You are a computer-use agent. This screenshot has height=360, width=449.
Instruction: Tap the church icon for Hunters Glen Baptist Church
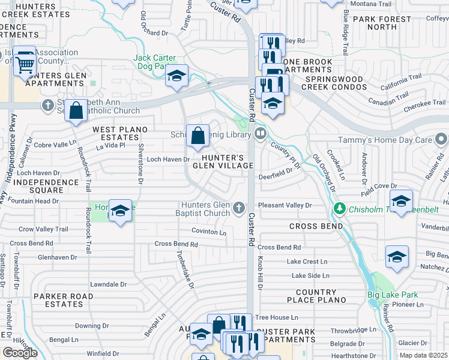click(239, 208)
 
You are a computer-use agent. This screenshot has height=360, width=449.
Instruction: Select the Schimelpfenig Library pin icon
click(261, 133)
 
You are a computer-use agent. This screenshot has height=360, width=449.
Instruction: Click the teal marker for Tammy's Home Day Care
click(442, 140)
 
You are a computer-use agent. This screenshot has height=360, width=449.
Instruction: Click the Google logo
click(20, 352)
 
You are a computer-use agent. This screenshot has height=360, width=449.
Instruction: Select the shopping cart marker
click(25, 62)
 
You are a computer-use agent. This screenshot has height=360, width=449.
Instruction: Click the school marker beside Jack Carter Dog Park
click(176, 76)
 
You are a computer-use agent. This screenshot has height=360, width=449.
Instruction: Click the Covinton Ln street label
click(209, 232)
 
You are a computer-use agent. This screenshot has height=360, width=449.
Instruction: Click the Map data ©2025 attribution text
click(423, 355)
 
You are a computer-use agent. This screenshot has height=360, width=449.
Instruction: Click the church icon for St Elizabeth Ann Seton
click(48, 106)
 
